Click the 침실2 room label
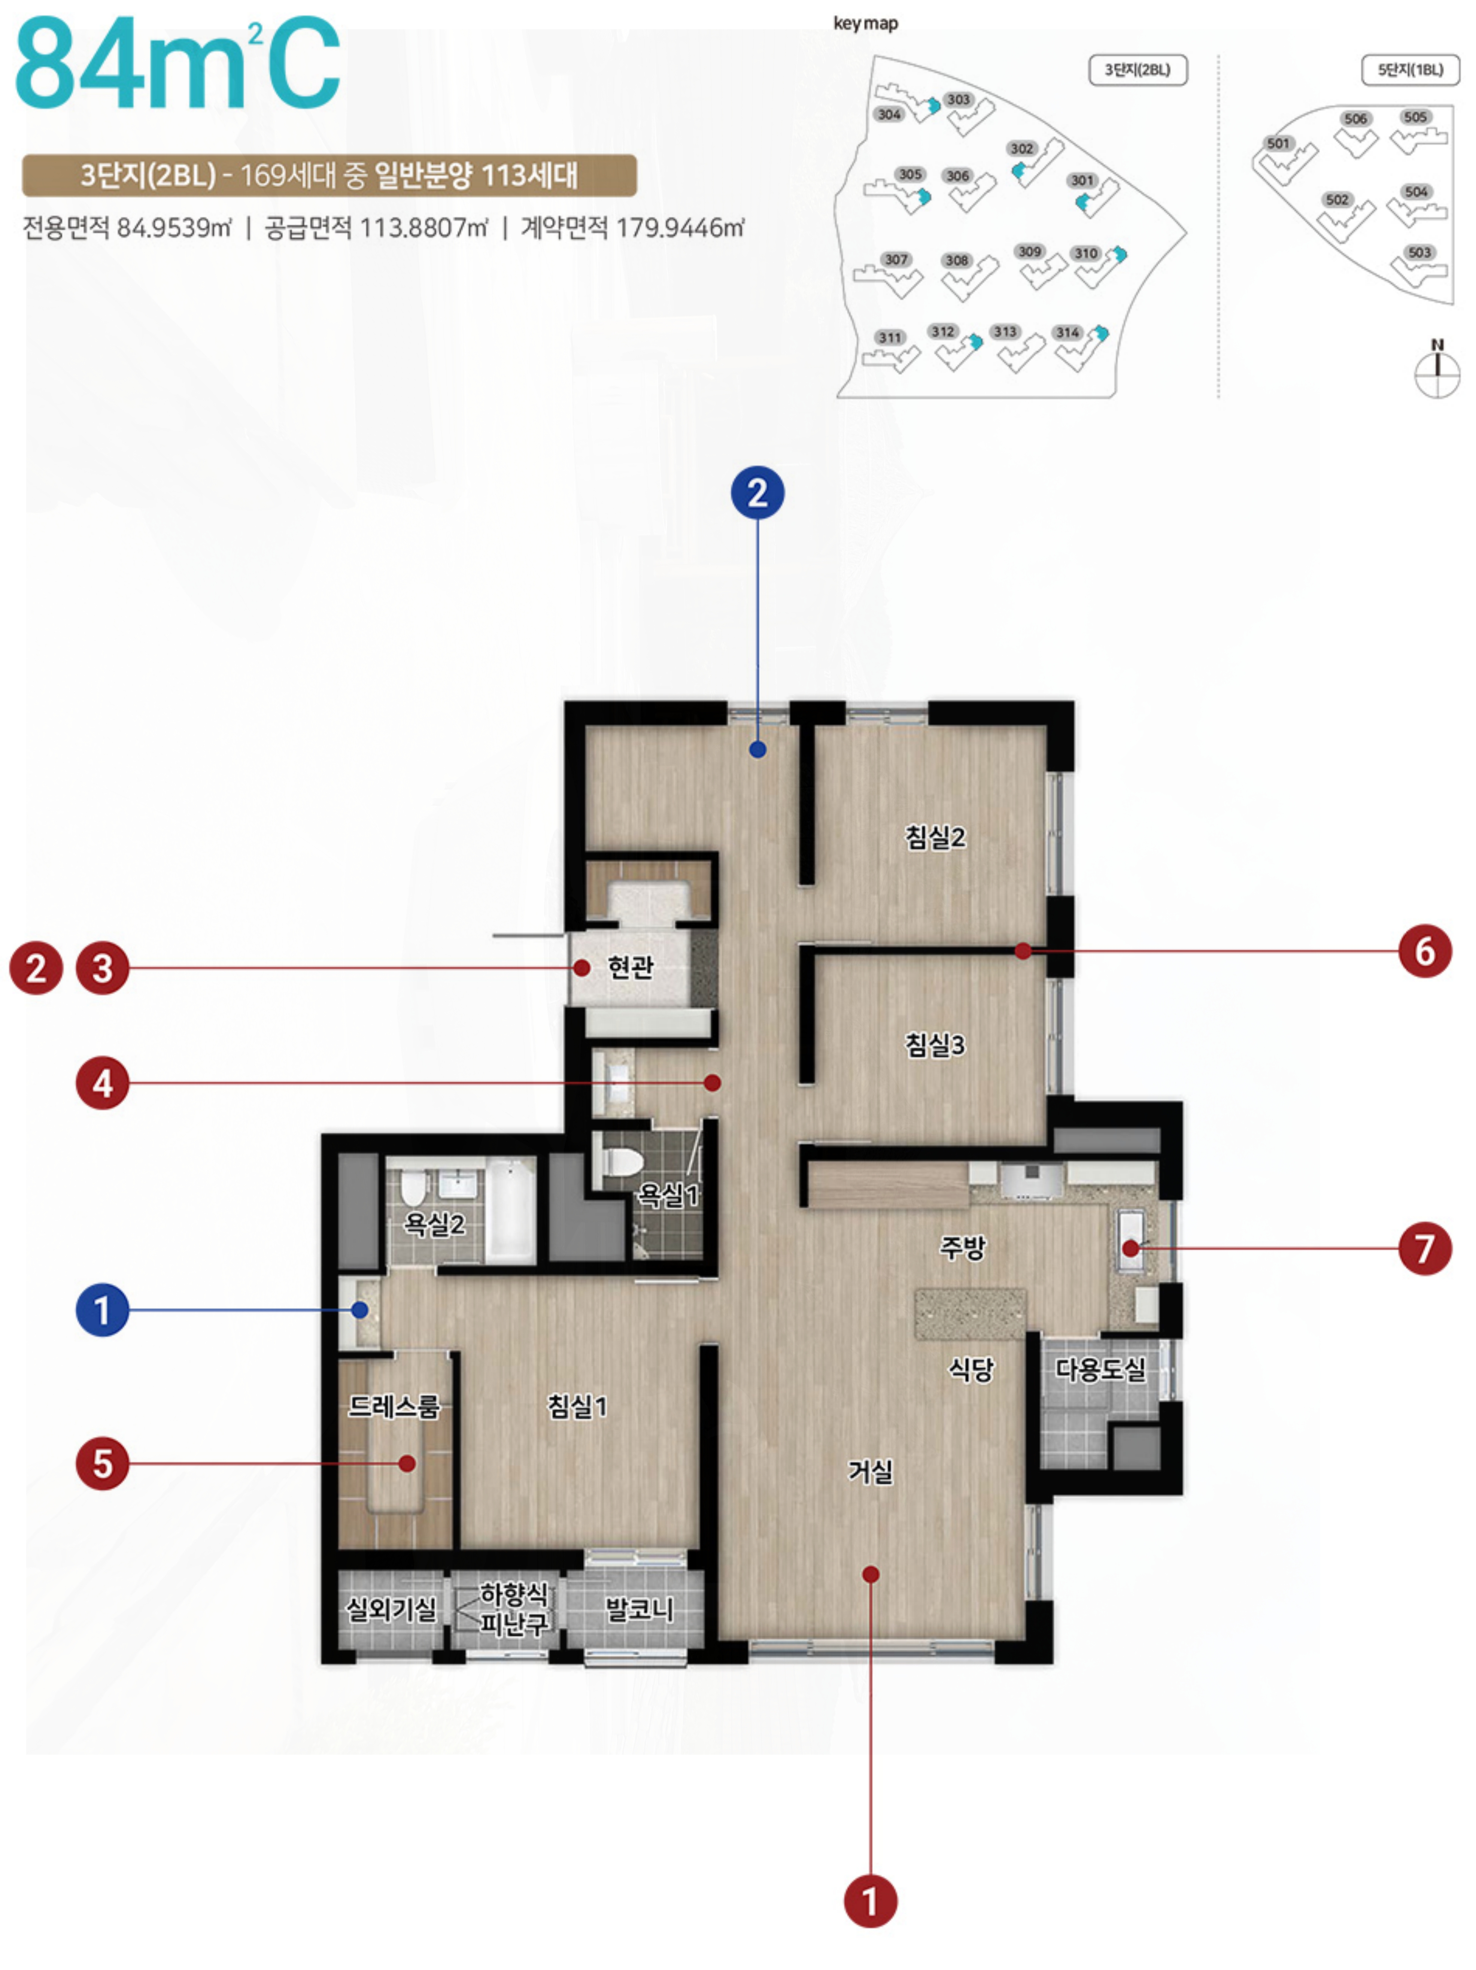pyautogui.click(x=935, y=837)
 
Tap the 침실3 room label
pyautogui.click(x=935, y=1044)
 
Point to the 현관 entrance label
pyautogui.click(x=631, y=966)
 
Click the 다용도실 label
pyautogui.click(x=1101, y=1369)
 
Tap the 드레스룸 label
pyautogui.click(x=394, y=1406)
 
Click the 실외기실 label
pyautogui.click(x=391, y=1608)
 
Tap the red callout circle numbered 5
pyautogui.click(x=103, y=1463)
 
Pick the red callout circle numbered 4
pyautogui.click(x=103, y=1083)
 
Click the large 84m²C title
pyautogui.click(x=178, y=64)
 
